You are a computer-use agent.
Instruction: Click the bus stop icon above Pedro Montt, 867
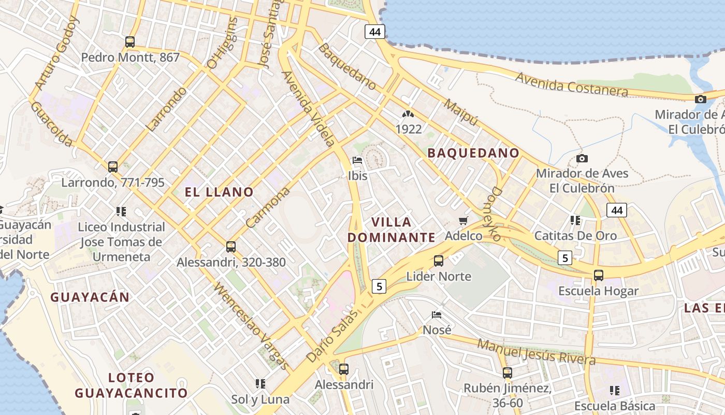pyautogui.click(x=130, y=42)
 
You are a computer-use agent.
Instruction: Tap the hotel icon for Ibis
pyautogui.click(x=357, y=160)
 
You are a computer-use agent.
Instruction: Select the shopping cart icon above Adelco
pyautogui.click(x=463, y=221)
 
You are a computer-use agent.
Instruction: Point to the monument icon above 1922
pyautogui.click(x=409, y=114)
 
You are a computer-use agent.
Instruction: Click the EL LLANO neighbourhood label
pyautogui.click(x=219, y=192)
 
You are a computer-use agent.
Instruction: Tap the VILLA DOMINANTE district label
pyautogui.click(x=392, y=230)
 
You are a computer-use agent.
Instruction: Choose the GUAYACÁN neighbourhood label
pyautogui.click(x=90, y=297)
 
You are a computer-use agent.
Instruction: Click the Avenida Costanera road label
pyautogui.click(x=572, y=85)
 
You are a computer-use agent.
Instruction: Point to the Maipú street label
pyautogui.click(x=460, y=112)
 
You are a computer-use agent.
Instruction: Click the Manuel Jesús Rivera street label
pyautogui.click(x=536, y=351)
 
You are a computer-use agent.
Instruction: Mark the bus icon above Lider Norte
pyautogui.click(x=439, y=261)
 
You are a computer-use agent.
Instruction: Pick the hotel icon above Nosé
pyautogui.click(x=437, y=315)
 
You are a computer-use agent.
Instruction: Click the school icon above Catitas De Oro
pyautogui.click(x=575, y=220)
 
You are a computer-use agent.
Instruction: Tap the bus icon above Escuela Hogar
pyautogui.click(x=599, y=275)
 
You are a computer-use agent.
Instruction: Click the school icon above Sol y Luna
pyautogui.click(x=260, y=384)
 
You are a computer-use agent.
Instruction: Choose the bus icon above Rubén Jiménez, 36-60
pyautogui.click(x=508, y=372)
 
